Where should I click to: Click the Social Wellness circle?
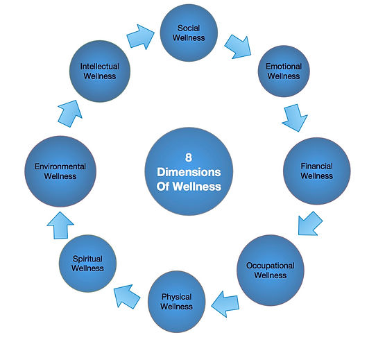[x=189, y=33]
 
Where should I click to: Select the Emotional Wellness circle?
[x=284, y=71]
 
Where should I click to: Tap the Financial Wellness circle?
[x=317, y=171]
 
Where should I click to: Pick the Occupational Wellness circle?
[x=271, y=270]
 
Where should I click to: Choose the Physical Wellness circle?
[x=176, y=302]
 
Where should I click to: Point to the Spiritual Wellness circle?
[x=87, y=264]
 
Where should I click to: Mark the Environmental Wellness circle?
[x=60, y=171]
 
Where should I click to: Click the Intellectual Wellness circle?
[x=100, y=71]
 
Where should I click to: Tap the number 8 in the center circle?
[x=189, y=157]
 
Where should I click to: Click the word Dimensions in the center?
[x=189, y=172]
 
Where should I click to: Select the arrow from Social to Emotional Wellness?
[x=238, y=47]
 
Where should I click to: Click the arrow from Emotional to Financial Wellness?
[x=295, y=118]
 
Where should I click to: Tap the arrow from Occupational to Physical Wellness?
[x=225, y=304]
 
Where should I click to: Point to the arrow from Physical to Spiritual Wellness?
[x=127, y=296]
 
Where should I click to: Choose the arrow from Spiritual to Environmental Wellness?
[x=60, y=225]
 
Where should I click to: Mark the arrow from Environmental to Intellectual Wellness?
[x=70, y=114]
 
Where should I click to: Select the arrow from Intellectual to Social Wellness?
[x=141, y=37]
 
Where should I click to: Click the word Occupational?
[x=271, y=266]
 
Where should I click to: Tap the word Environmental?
[x=60, y=166]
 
